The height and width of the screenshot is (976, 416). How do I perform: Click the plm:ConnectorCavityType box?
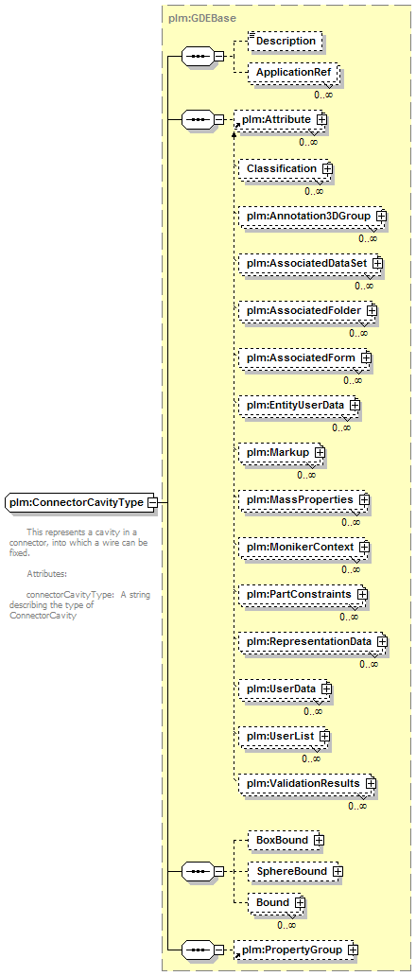[x=81, y=502]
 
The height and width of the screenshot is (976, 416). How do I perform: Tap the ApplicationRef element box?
[x=293, y=72]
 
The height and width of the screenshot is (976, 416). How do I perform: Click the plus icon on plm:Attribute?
[x=321, y=118]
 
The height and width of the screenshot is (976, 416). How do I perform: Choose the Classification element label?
[x=282, y=168]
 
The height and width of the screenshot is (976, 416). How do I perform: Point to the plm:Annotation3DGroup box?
[x=312, y=216]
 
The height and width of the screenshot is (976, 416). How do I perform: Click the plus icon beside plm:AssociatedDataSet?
[x=377, y=263]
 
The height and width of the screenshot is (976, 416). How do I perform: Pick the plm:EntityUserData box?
[x=299, y=405]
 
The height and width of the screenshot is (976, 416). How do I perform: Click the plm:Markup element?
[x=282, y=452]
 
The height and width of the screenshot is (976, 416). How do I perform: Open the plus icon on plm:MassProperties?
[x=365, y=500]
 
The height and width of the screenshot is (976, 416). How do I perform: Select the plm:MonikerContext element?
[x=304, y=548]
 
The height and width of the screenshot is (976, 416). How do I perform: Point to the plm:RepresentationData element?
[x=313, y=641]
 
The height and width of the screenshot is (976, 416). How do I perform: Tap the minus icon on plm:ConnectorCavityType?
[x=151, y=502]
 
